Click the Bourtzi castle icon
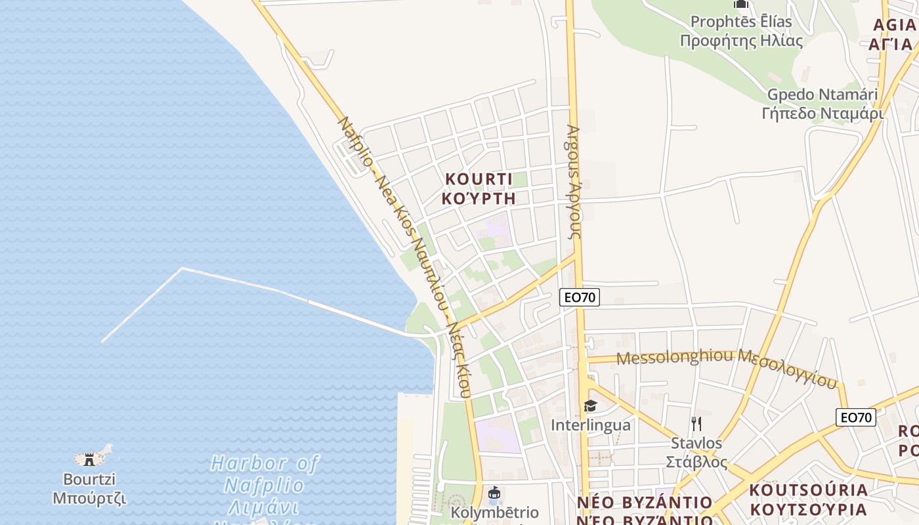(x=89, y=459)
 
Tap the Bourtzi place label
(x=89, y=488)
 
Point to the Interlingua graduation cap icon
(x=590, y=406)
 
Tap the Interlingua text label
(x=590, y=425)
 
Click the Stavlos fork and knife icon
(x=696, y=423)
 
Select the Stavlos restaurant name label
(x=696, y=452)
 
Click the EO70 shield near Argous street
(x=580, y=297)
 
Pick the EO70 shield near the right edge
(x=856, y=417)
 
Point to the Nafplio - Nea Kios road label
(x=404, y=256)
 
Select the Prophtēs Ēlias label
(x=741, y=31)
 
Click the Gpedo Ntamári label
(x=823, y=104)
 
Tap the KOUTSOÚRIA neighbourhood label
(x=808, y=499)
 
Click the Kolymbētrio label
(x=495, y=513)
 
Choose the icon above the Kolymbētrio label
(x=495, y=492)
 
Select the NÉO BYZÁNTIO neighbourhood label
(x=645, y=511)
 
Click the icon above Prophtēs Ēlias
(x=741, y=4)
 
